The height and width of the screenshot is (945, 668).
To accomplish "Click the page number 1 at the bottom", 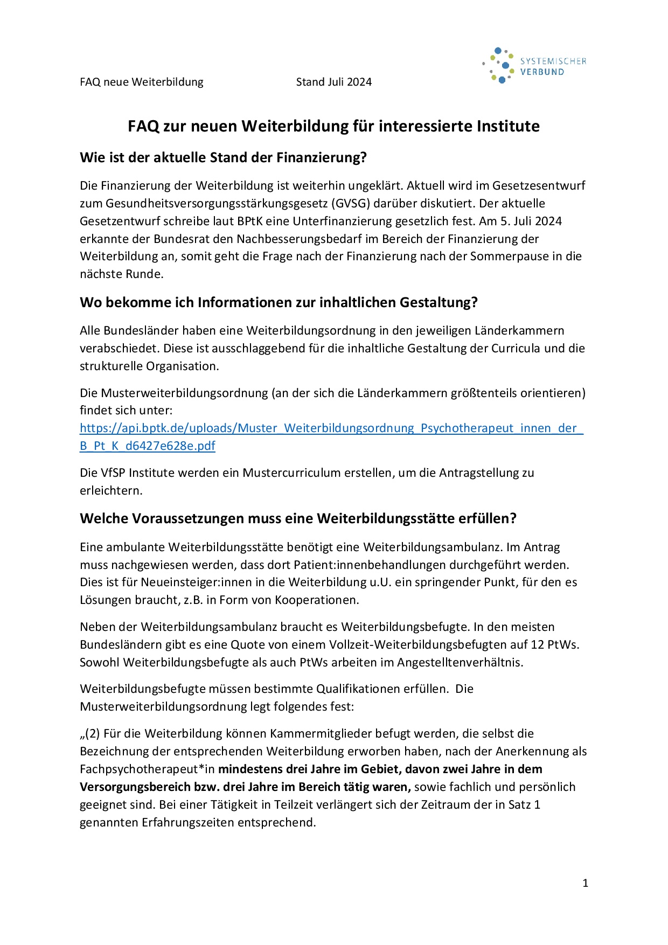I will tap(585, 883).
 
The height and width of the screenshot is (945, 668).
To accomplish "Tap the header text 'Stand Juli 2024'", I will tap(333, 82).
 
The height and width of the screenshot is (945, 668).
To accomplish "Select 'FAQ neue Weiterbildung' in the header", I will tap(142, 82).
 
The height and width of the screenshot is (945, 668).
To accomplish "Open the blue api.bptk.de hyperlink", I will tap(331, 428).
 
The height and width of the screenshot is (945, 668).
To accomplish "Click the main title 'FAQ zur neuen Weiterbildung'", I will tap(333, 126).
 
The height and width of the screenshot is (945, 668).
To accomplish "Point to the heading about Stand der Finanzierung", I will tap(223, 157).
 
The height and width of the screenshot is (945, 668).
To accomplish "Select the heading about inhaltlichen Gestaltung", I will tap(279, 302).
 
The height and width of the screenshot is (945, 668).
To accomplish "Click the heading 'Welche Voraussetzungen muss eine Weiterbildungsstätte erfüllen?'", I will tap(298, 518).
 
